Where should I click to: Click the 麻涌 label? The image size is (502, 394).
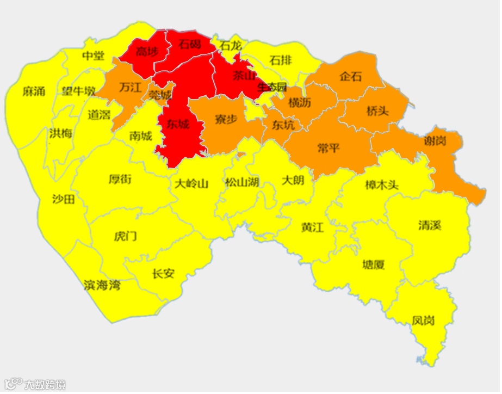tap(34, 91)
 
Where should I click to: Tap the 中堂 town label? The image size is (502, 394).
tap(93, 56)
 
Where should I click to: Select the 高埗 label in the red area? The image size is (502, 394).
tap(147, 52)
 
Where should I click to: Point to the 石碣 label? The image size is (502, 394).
tap(190, 44)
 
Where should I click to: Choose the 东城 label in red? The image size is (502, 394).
tap(178, 125)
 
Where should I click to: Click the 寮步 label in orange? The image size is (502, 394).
tap(226, 119)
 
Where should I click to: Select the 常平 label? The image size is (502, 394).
tap(328, 147)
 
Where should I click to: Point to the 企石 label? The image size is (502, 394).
tap(350, 76)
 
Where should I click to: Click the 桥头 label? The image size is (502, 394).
tap(377, 111)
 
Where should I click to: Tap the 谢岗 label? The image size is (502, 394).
tap(435, 141)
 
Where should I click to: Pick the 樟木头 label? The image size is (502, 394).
tap(381, 185)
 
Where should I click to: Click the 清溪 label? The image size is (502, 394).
tap(430, 225)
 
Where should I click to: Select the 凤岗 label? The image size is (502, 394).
tap(423, 320)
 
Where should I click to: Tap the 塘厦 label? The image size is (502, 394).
tap(374, 265)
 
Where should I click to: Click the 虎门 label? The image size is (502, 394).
tap(125, 236)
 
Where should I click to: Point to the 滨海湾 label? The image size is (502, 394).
tap(102, 285)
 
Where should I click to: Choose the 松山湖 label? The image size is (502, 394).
tap(242, 183)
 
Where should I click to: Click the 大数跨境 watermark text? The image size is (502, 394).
tap(44, 385)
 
